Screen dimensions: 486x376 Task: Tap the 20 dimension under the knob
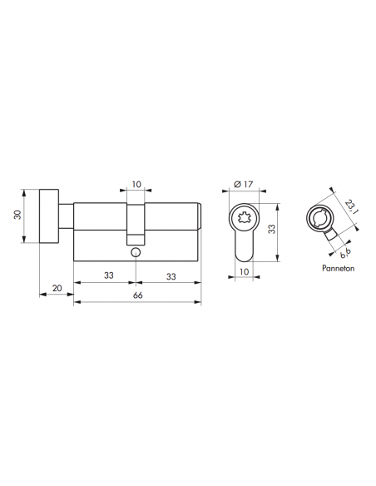57,288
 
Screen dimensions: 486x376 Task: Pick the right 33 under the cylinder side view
169,275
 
